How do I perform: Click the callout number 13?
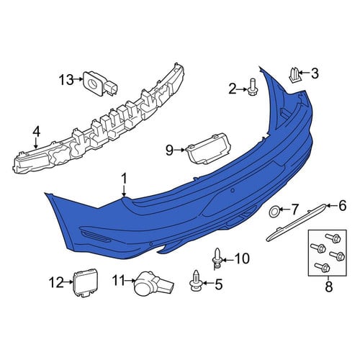point(66,79)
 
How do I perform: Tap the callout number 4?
point(36,132)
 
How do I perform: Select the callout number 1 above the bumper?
point(124,179)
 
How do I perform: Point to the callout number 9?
point(169,150)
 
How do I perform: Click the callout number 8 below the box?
point(328,286)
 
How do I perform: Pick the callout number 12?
point(56,282)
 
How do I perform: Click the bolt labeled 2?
point(251,88)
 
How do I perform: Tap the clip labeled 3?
point(294,75)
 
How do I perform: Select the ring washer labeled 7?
point(274,212)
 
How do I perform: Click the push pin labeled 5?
point(196,281)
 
